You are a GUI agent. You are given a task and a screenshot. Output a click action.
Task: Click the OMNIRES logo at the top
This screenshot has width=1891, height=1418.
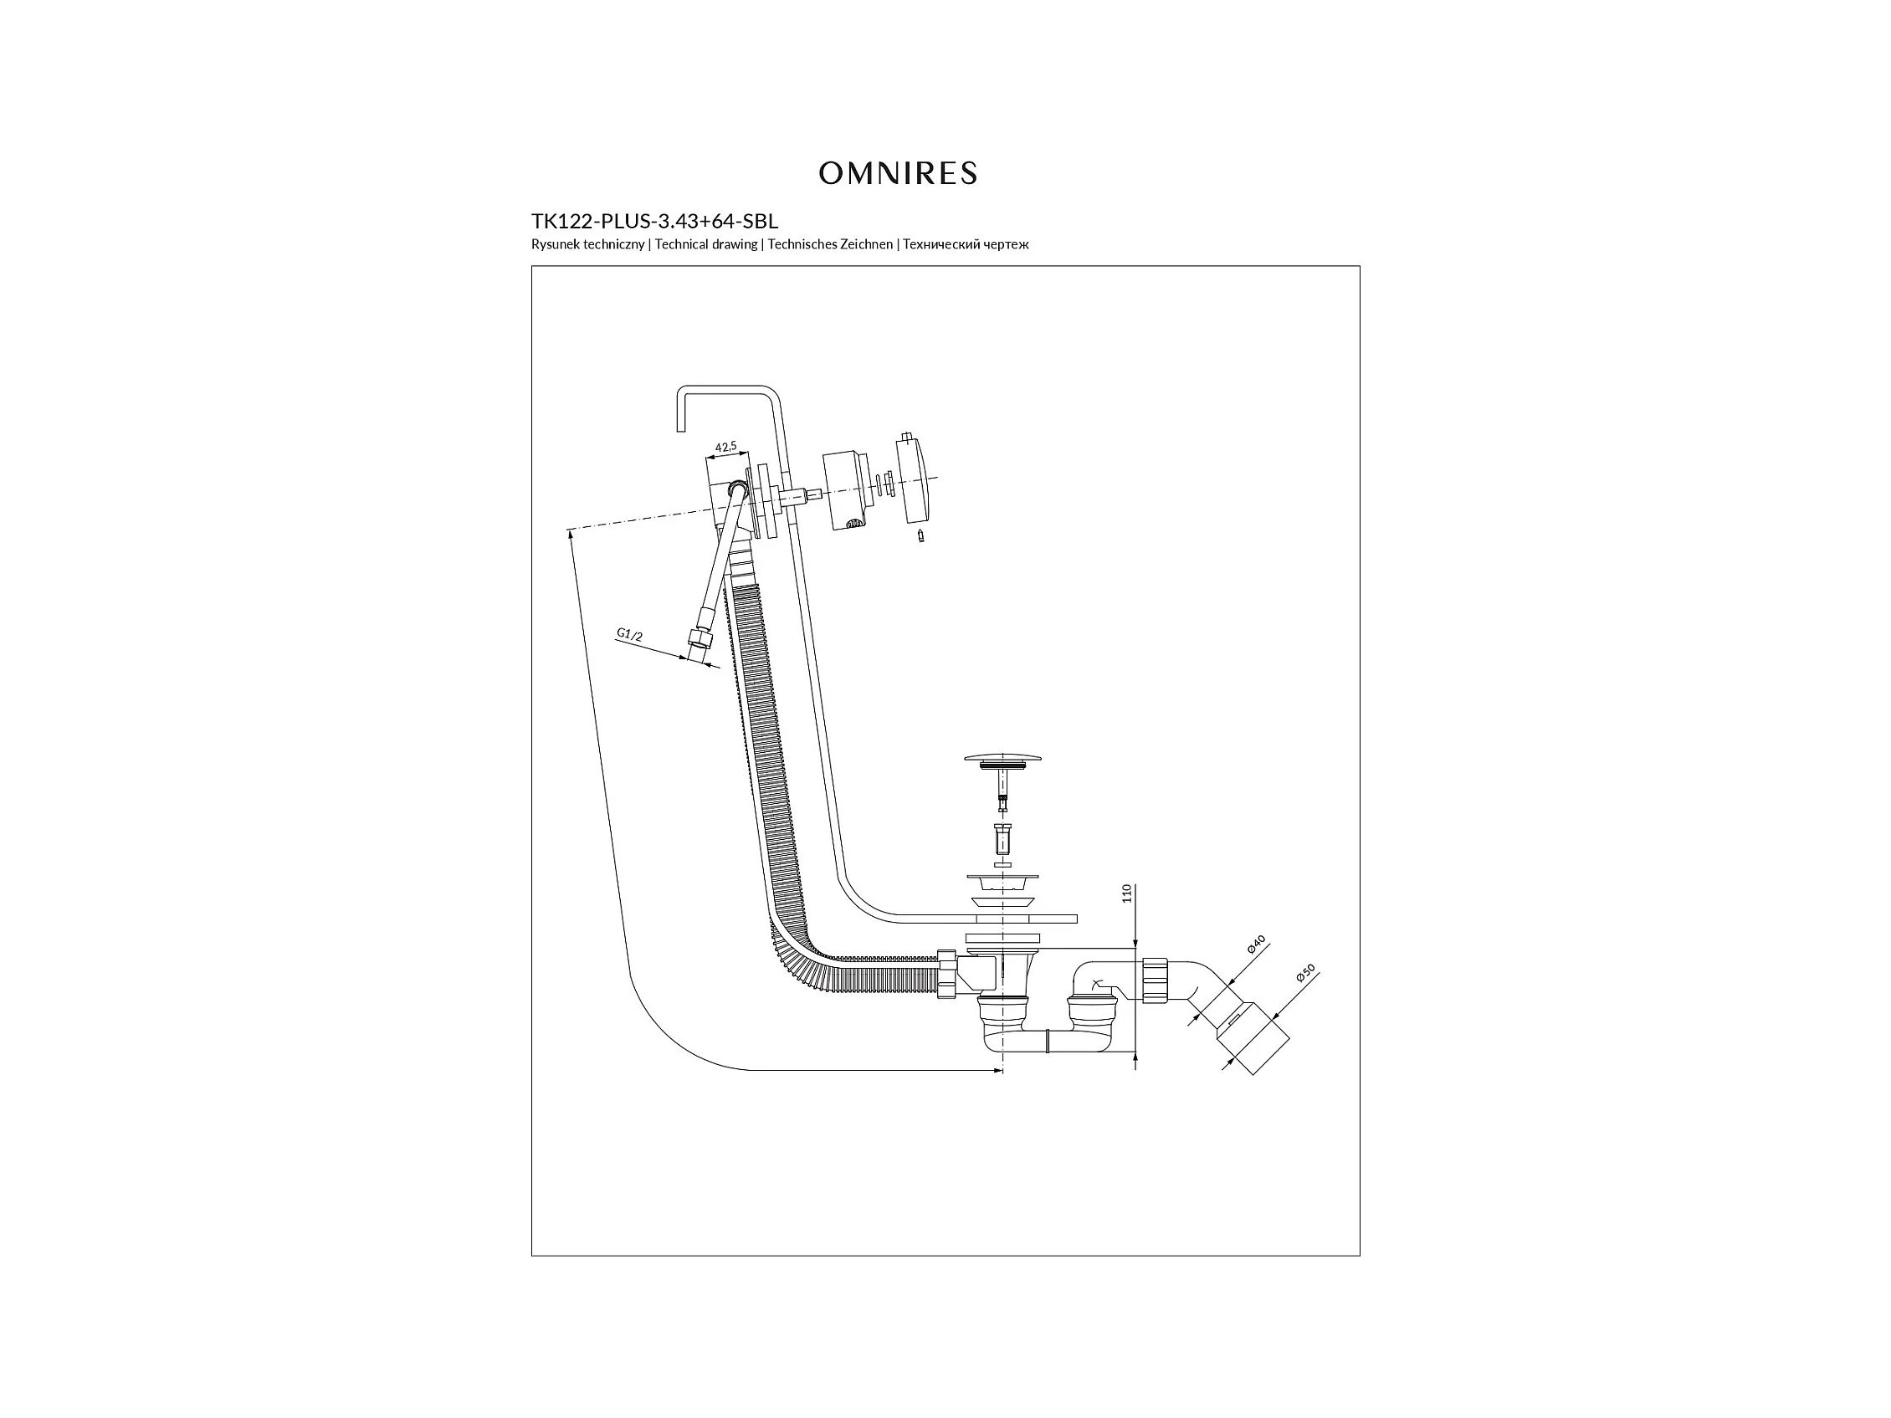(x=898, y=173)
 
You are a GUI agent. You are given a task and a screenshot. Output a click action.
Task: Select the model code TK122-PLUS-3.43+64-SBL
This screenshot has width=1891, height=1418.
(x=655, y=222)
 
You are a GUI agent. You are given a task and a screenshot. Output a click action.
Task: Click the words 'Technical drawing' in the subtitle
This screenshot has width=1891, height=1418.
(x=706, y=244)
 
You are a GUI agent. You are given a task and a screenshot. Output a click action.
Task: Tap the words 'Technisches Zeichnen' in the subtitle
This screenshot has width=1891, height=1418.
(x=830, y=244)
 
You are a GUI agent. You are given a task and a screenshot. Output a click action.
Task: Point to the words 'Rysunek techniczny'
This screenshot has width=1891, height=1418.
(x=587, y=244)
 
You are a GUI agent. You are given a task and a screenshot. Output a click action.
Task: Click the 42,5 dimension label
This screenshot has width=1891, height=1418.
(x=725, y=446)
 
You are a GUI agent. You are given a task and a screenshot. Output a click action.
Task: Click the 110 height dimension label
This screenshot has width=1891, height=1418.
(x=1127, y=893)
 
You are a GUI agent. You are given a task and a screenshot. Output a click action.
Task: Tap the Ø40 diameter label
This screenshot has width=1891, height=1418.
(x=1255, y=944)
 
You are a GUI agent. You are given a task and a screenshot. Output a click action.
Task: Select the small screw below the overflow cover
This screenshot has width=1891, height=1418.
(x=920, y=536)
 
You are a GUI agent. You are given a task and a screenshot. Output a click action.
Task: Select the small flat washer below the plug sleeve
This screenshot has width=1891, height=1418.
(x=1002, y=865)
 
